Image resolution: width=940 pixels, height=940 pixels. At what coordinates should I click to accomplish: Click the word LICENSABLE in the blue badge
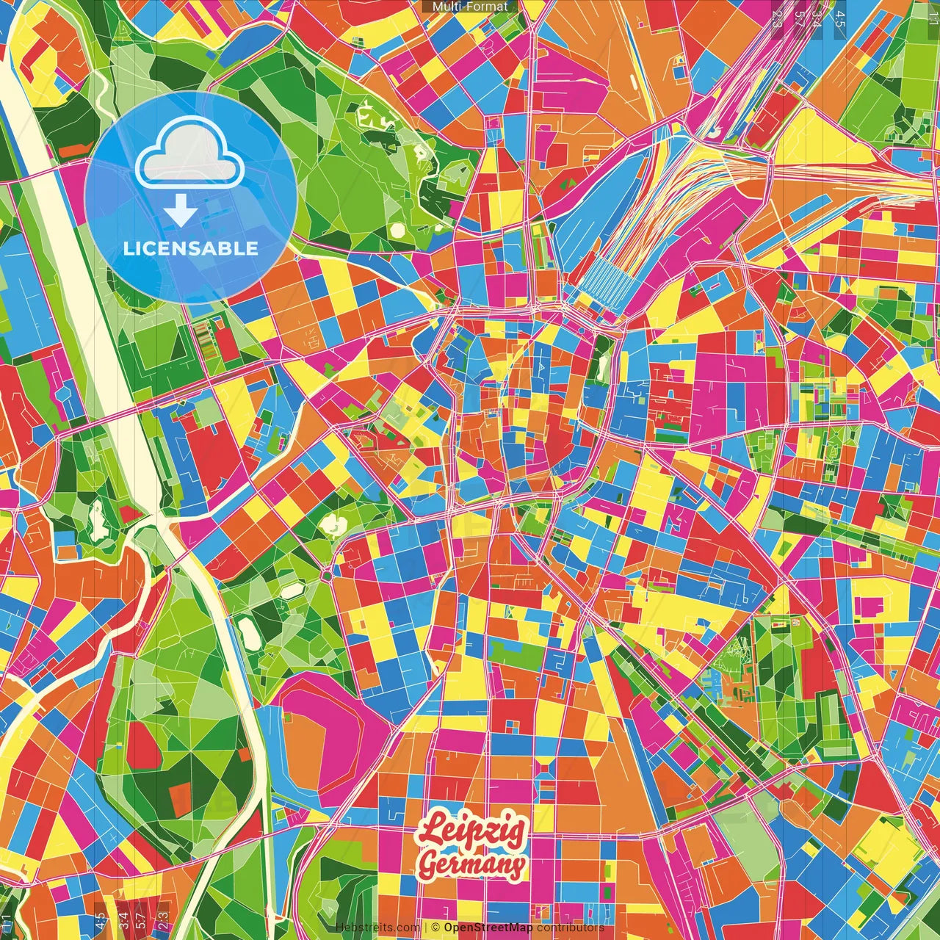click(x=191, y=248)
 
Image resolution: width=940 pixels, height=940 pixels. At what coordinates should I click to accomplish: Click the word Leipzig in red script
click(x=471, y=831)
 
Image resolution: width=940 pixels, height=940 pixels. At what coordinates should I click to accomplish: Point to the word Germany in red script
click(x=472, y=864)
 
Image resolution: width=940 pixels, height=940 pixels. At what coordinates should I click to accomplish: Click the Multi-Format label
click(x=470, y=7)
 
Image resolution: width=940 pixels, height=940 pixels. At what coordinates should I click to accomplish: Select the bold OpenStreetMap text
click(x=488, y=928)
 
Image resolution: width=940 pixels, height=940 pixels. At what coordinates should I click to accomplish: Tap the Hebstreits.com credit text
click(x=378, y=928)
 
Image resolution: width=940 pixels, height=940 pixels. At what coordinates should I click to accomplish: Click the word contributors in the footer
click(x=571, y=928)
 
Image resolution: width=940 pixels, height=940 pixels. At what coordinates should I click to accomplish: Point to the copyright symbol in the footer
click(x=435, y=928)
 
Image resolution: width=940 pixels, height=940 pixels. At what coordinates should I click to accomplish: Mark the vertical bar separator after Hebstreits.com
click(x=426, y=928)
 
